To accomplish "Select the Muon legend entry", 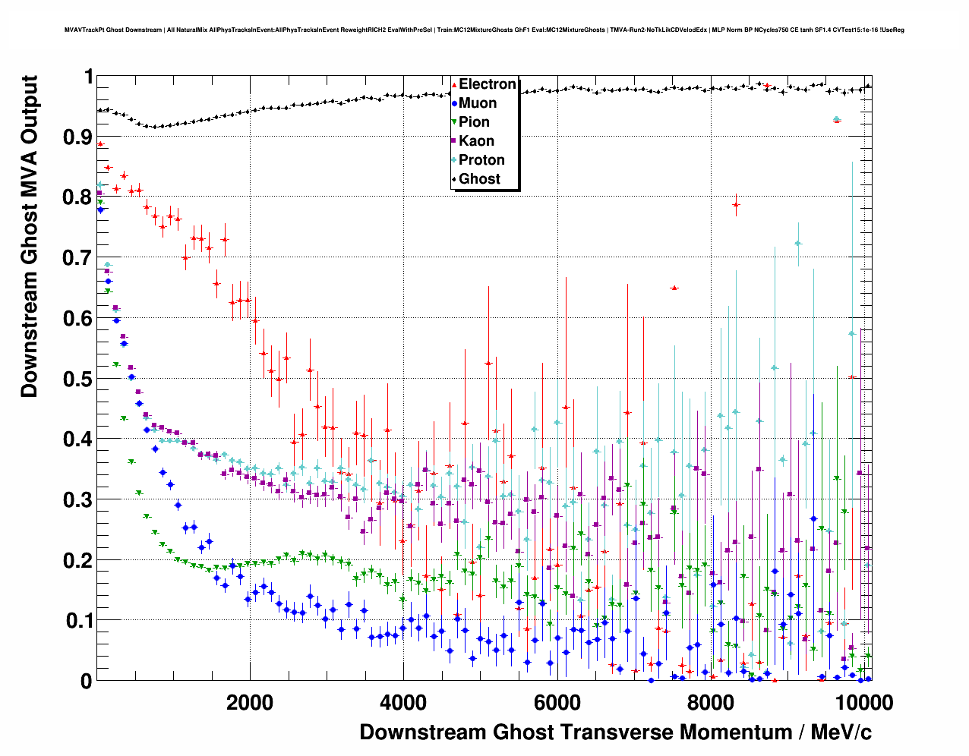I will (x=477, y=103).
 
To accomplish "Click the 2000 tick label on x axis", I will (x=250, y=702).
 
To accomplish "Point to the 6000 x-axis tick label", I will (x=557, y=702).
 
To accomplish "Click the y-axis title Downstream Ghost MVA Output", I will (x=29, y=236).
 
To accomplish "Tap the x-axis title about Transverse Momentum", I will (x=615, y=732).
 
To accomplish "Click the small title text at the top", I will (x=484, y=30).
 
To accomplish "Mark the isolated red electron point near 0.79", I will (x=736, y=205).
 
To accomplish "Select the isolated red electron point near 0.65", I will (x=674, y=288).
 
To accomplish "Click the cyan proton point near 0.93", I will (x=837, y=119).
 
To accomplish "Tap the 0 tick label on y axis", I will (x=87, y=681).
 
